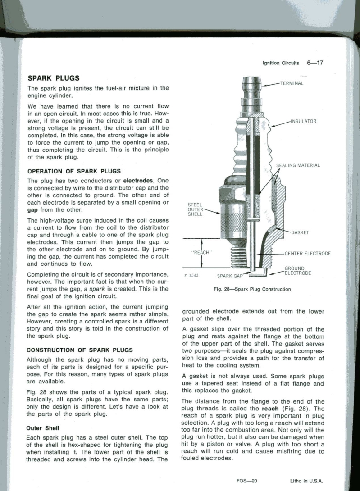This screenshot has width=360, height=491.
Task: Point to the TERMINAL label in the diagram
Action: pyautogui.click(x=292, y=83)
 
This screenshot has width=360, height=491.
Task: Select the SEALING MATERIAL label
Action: pyautogui.click(x=298, y=165)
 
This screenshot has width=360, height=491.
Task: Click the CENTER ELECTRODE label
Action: pyautogui.click(x=307, y=253)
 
